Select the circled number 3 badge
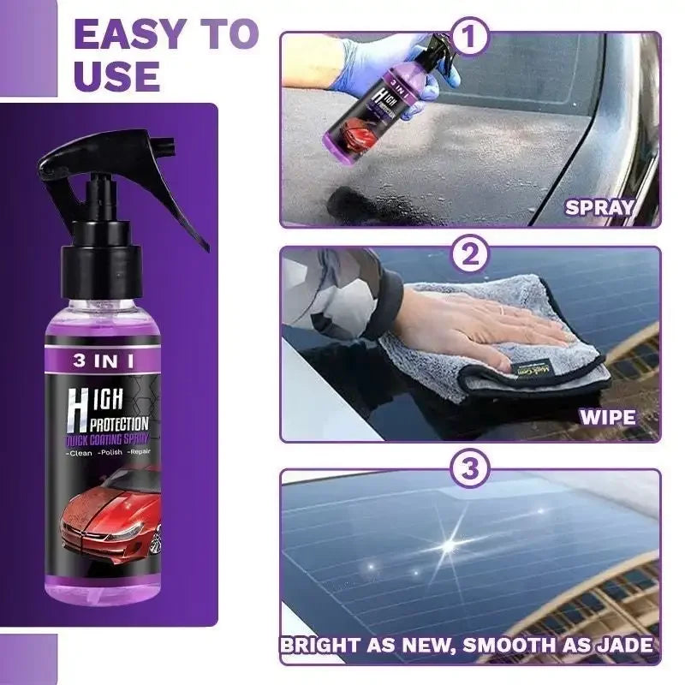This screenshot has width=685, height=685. pos(471,469)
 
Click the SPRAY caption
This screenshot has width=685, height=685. pos(599,206)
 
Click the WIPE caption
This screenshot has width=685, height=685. pos(607,418)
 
